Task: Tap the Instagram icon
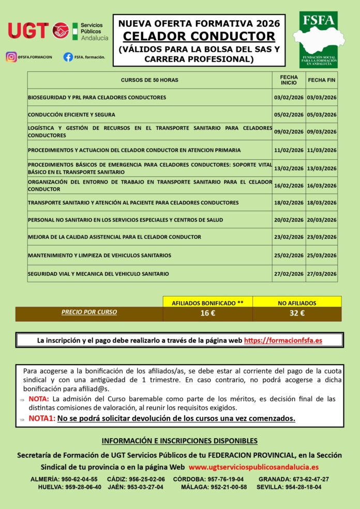pyautogui.click(x=11, y=57)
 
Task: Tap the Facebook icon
pyautogui.click(x=68, y=57)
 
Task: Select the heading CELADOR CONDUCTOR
pyautogui.click(x=199, y=37)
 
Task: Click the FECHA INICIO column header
pyautogui.click(x=289, y=80)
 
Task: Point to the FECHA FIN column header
pyautogui.click(x=321, y=80)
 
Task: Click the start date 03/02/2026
pyautogui.click(x=289, y=97)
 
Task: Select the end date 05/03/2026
pyautogui.click(x=321, y=115)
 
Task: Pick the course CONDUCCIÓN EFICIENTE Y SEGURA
pyautogui.click(x=71, y=115)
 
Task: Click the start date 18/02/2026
pyautogui.click(x=289, y=203)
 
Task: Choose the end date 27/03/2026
pyautogui.click(x=321, y=274)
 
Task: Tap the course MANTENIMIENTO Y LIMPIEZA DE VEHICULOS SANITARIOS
pyautogui.click(x=99, y=256)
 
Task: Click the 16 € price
pyautogui.click(x=208, y=313)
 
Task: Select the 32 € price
pyautogui.click(x=297, y=313)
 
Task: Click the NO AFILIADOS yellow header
pyautogui.click(x=297, y=303)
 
